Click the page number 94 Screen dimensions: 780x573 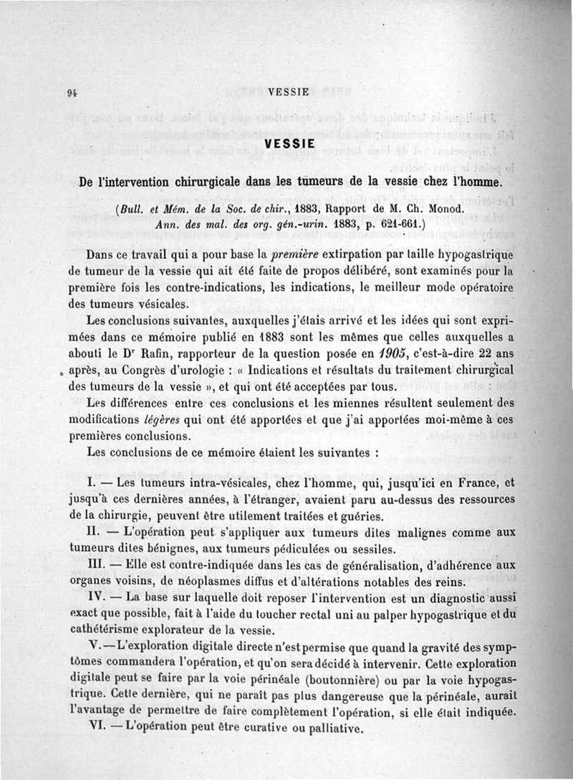click(72, 92)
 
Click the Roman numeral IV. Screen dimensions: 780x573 click(96, 598)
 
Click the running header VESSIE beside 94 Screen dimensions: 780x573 click(288, 92)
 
